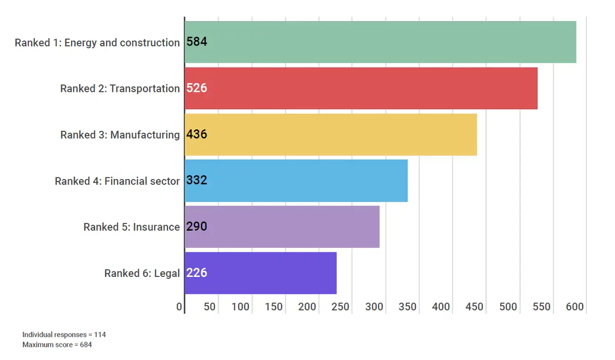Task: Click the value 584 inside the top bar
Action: point(197,42)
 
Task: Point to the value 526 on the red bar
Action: point(197,88)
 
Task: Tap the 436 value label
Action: point(197,134)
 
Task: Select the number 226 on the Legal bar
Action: point(197,273)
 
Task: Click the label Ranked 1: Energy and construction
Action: point(97,43)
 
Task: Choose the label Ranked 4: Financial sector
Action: point(117,181)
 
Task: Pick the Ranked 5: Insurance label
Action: point(132,227)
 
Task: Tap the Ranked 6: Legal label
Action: point(142,273)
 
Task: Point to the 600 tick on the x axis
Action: point(575,307)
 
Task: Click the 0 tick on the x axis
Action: point(179,307)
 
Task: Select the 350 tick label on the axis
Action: point(408,307)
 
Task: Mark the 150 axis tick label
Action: point(274,307)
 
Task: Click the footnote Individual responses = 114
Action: point(64,334)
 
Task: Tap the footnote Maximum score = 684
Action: point(57,345)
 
